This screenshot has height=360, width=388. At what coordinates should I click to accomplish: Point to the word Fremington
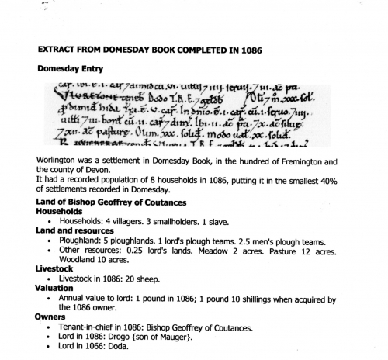pos(294,161)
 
